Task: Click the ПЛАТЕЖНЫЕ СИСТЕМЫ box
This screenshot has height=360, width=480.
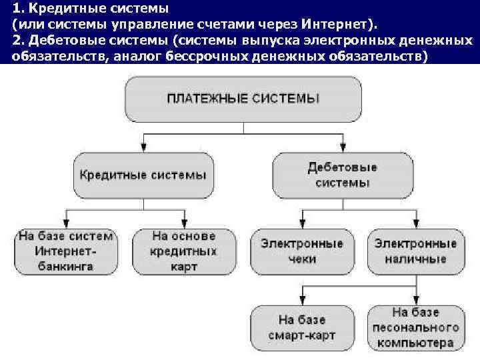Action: click(243, 99)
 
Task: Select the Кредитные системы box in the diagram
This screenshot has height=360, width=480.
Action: click(143, 175)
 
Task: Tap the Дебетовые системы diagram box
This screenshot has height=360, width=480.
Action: click(343, 175)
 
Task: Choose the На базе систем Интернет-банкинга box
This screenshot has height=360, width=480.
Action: click(65, 251)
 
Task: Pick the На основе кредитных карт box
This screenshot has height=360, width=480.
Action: click(184, 251)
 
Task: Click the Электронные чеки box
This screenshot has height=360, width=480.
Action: click(302, 251)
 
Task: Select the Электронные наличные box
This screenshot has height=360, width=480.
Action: click(416, 251)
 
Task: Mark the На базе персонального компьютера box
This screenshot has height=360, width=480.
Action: click(416, 327)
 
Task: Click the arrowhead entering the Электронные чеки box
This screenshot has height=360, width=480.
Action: click(303, 225)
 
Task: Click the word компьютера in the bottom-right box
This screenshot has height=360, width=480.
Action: click(416, 343)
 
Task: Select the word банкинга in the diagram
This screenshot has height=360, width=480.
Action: click(65, 267)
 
